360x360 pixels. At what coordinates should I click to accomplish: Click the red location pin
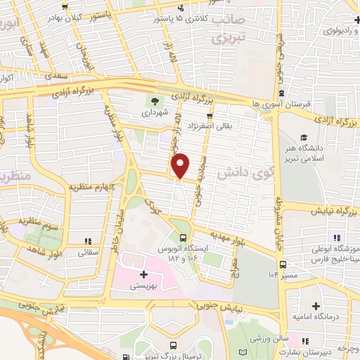point(181,165)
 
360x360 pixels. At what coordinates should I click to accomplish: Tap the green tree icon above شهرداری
point(155,101)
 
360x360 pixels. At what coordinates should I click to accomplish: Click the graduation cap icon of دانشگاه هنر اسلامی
point(304,136)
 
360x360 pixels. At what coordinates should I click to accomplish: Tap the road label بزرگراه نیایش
point(333,208)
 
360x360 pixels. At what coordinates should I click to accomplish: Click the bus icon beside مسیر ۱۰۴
point(283,264)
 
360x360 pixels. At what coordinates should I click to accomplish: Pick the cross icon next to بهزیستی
point(144,274)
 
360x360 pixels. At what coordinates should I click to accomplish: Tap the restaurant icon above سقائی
point(86,240)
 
